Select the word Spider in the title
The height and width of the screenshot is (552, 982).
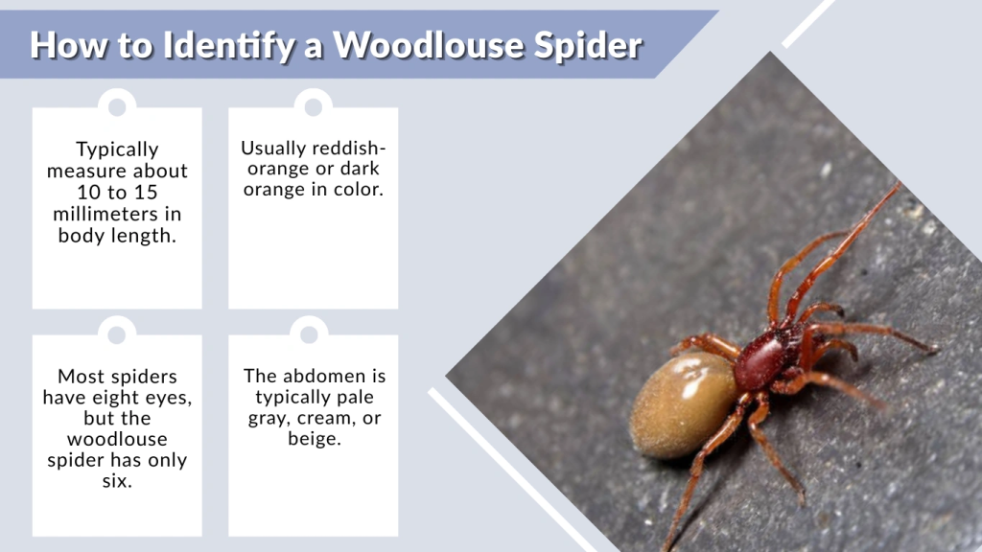coord(589,45)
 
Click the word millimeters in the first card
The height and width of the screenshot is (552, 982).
coord(117,214)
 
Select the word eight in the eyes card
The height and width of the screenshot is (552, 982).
coord(144,397)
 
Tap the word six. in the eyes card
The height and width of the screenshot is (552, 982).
coord(117,481)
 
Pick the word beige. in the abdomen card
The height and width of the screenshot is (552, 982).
coord(314,439)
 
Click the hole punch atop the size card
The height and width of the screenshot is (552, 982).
coord(117,106)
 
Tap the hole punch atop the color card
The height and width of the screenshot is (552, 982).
coord(314,106)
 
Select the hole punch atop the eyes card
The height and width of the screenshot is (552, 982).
coord(117,334)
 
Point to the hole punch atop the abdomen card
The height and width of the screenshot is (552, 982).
coord(310,334)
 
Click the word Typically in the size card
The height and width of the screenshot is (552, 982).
coord(117,149)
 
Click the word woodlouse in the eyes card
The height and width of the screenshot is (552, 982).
coord(117,439)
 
